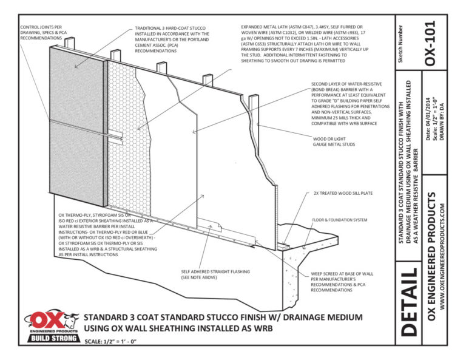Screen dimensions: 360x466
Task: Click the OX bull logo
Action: [52, 319]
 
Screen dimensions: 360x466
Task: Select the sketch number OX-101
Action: [430, 46]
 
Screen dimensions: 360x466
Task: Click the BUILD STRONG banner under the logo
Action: [52, 337]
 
